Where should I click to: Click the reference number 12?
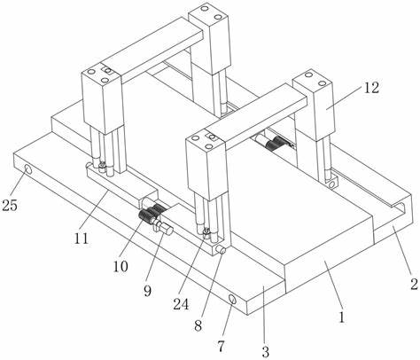[x=371, y=88]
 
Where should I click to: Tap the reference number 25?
[x=10, y=205]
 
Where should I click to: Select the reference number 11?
[x=81, y=239]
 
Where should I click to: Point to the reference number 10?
[x=121, y=266]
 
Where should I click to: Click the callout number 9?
[x=147, y=291]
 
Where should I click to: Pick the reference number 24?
[x=181, y=304]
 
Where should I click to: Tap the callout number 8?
[x=198, y=325]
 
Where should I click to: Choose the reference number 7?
[x=221, y=346]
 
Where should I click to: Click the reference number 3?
[x=266, y=352]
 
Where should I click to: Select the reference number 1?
[x=342, y=317]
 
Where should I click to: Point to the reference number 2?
[x=414, y=284]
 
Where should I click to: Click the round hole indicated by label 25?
[x=28, y=169]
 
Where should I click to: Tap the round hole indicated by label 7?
[x=232, y=300]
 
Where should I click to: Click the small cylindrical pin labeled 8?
[x=221, y=250]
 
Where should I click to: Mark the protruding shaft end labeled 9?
[x=166, y=230]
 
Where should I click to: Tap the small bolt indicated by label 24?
[x=206, y=232]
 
